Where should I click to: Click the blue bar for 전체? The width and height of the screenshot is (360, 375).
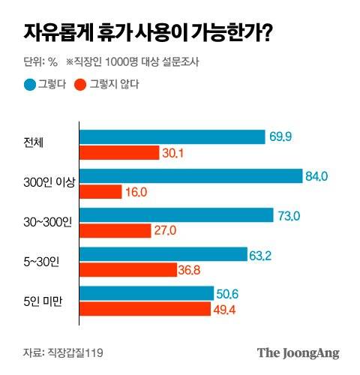(172, 136)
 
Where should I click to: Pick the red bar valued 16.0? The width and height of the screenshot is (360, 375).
(100, 193)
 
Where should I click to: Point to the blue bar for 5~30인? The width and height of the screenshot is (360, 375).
(163, 255)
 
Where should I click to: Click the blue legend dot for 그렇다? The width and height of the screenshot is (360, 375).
(28, 84)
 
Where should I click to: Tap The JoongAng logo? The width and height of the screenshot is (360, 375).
(299, 351)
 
